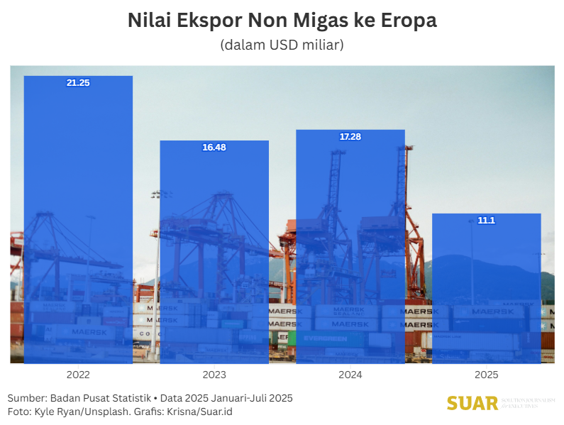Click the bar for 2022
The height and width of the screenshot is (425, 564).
coord(78,220)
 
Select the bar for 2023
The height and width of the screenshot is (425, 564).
coord(214,252)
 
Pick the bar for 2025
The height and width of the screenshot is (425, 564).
coord(487,288)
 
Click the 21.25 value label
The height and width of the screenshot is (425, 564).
coord(78,83)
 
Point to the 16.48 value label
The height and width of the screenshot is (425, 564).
coord(214,148)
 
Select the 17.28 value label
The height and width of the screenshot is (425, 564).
coord(350,137)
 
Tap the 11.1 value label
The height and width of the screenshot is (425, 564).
coord(487,221)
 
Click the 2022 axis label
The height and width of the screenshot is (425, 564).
coord(78,375)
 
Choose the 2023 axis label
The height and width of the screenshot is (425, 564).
coord(214,375)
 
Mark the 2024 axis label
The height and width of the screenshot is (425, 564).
coord(350,375)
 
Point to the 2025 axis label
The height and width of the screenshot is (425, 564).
coord(487,375)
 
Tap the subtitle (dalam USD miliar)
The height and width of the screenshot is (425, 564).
coord(282,45)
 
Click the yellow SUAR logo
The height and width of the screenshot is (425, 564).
coord(472,404)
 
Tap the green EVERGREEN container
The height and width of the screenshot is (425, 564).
coord(326,339)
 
